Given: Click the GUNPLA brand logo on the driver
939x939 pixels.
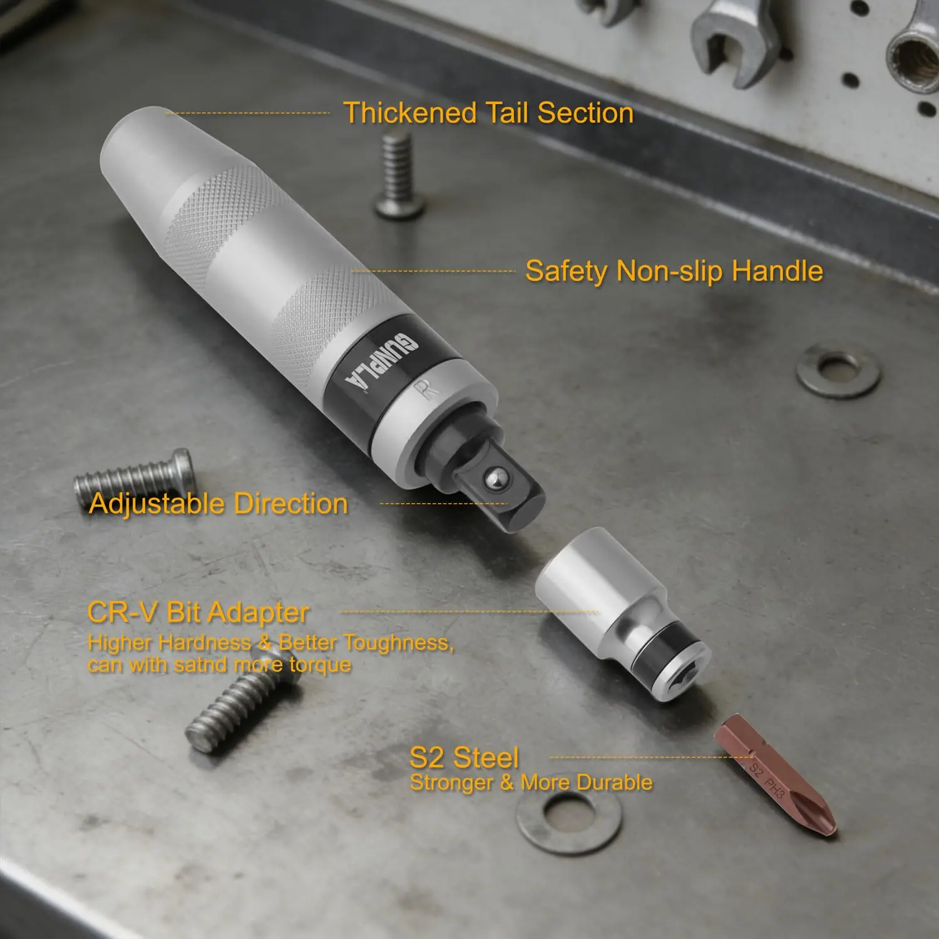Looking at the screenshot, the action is [x=381, y=361].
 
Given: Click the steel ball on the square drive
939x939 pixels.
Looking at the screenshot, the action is [x=493, y=481].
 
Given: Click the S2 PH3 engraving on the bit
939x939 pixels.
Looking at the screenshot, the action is [x=767, y=780].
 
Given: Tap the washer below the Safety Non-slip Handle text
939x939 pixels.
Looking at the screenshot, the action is [x=838, y=369].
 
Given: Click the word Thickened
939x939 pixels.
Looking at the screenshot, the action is [x=410, y=113].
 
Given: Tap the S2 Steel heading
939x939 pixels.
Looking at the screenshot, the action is [x=464, y=757].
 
